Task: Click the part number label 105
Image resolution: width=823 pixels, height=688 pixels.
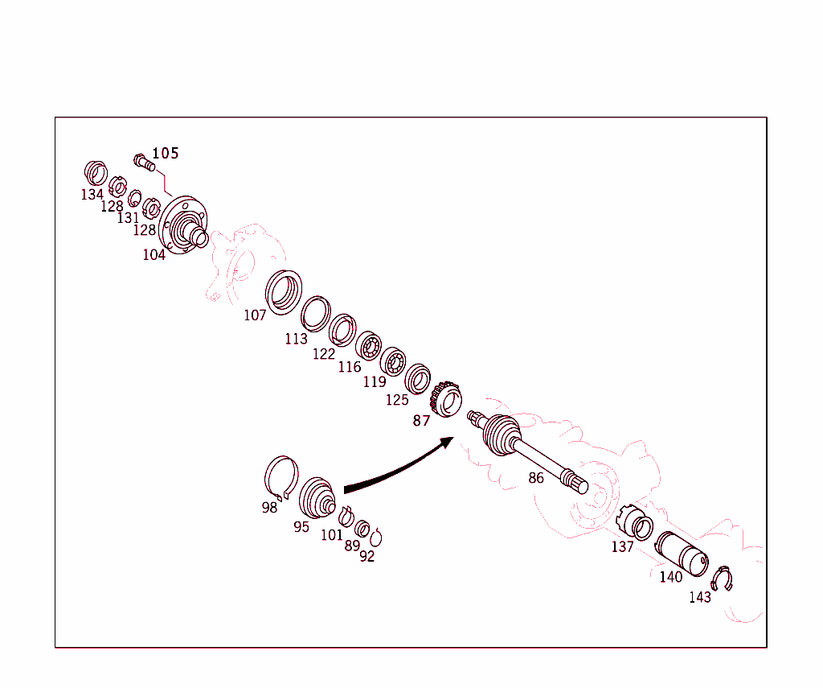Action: [x=166, y=153]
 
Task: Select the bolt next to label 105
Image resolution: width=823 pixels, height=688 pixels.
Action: [x=143, y=162]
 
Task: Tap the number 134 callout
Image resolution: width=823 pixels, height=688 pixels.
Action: [x=92, y=195]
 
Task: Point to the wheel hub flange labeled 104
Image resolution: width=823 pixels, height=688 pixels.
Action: [x=183, y=226]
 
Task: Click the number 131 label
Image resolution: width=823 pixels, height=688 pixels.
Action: [x=128, y=218]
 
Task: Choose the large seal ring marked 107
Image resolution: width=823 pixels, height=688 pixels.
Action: [x=283, y=292]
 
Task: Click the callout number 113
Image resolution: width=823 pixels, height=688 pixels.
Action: [x=296, y=339]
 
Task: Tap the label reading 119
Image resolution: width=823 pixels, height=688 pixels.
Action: [x=375, y=382]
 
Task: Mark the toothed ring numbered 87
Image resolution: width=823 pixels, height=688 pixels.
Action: [x=445, y=398]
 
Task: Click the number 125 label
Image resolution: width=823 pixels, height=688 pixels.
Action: [x=397, y=400]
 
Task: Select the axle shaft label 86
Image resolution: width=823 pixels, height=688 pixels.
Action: [x=536, y=478]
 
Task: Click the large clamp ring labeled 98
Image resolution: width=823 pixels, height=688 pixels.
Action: [x=281, y=476]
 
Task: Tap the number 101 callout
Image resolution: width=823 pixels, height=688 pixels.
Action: [x=331, y=535]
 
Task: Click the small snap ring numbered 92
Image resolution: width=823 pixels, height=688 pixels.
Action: [x=376, y=538]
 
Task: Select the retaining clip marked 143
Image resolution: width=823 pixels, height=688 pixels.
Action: [x=723, y=579]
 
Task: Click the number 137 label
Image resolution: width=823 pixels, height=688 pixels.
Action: [x=622, y=547]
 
